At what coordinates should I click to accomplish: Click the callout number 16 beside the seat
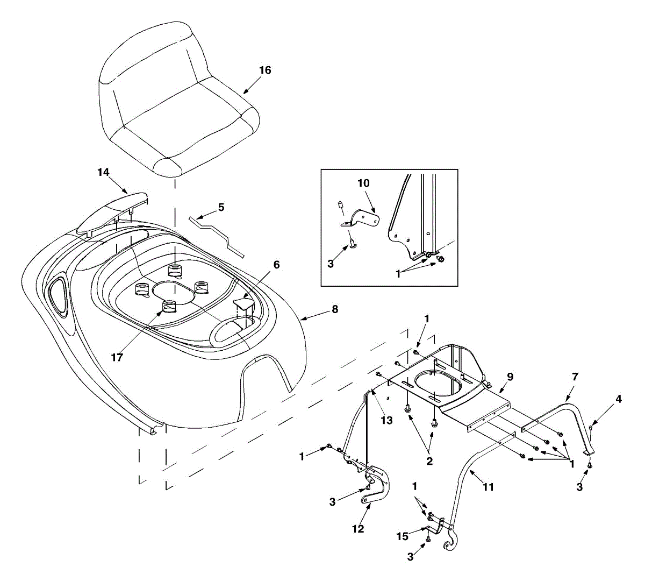click(x=265, y=70)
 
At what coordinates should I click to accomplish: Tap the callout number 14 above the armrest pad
click(x=103, y=172)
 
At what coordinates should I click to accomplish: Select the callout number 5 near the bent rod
click(x=221, y=207)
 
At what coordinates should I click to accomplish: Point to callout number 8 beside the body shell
click(x=335, y=309)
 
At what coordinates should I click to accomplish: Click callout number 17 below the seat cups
click(x=117, y=357)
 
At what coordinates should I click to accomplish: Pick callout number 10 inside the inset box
click(x=363, y=183)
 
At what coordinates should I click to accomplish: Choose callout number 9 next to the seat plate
click(x=510, y=377)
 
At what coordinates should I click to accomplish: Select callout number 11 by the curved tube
click(x=488, y=487)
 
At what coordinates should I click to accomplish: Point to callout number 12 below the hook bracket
click(x=357, y=528)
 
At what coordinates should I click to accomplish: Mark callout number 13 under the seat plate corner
click(x=387, y=420)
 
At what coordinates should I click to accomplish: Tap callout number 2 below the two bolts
click(x=429, y=460)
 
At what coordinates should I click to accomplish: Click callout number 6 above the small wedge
click(x=276, y=265)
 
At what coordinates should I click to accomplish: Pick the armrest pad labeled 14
click(x=112, y=212)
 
